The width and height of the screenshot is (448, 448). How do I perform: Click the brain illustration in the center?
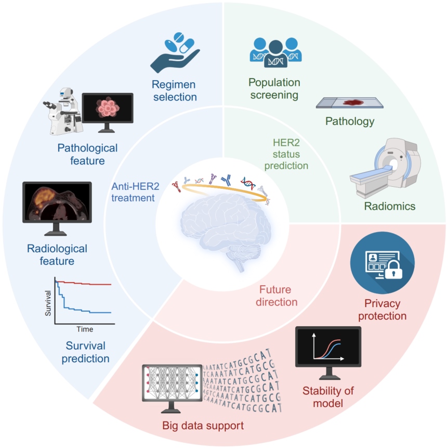(226, 229)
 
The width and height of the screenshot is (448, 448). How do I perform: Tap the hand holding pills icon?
(175, 53)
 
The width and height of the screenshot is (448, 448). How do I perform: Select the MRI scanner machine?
(385, 168)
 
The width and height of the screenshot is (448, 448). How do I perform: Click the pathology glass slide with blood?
(349, 103)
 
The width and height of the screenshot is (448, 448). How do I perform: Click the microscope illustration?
(63, 111)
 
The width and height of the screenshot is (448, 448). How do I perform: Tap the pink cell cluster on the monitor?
(107, 108)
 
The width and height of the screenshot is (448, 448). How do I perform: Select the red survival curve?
(83, 283)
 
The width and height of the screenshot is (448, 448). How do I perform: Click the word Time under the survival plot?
(85, 329)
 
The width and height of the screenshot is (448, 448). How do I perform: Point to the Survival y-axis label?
(48, 303)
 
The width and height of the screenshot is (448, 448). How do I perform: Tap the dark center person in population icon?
(276, 54)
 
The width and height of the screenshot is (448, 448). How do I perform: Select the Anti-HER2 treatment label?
(135, 192)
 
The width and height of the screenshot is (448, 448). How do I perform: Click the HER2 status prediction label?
(286, 154)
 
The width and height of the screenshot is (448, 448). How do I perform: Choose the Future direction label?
(276, 296)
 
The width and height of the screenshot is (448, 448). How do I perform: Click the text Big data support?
(203, 426)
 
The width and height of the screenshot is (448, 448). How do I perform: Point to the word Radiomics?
(390, 206)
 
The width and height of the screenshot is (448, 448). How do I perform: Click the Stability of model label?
(328, 397)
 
